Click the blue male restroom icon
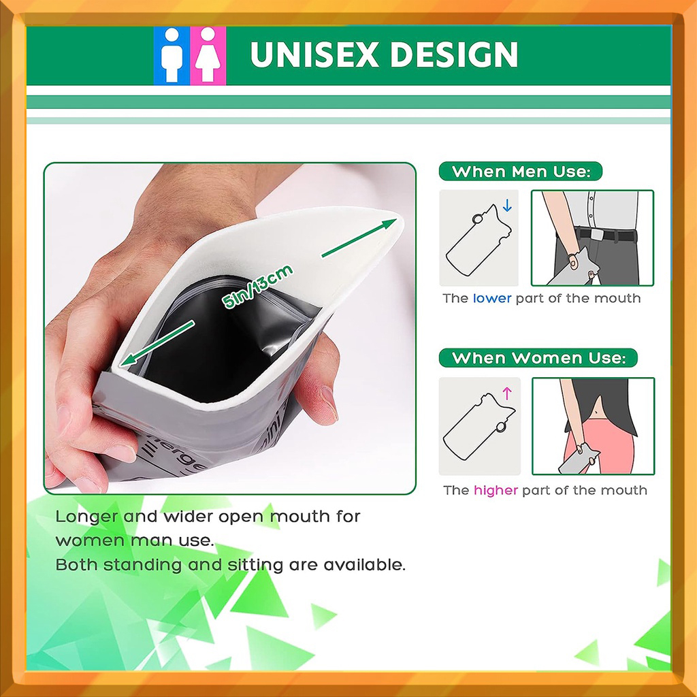pyautogui.click(x=172, y=56)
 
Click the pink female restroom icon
pyautogui.click(x=208, y=56)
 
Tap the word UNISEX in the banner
pyautogui.click(x=314, y=54)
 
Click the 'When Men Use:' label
pyautogui.click(x=521, y=172)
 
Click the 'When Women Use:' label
pyautogui.click(x=538, y=358)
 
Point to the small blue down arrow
pyautogui.click(x=507, y=206)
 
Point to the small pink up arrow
pyautogui.click(x=506, y=393)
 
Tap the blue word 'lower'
pyautogui.click(x=492, y=298)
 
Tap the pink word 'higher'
pyautogui.click(x=496, y=490)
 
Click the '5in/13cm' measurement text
pyautogui.click(x=257, y=287)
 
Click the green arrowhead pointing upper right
pyautogui.click(x=389, y=223)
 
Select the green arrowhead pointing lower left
pyautogui.click(x=128, y=359)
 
